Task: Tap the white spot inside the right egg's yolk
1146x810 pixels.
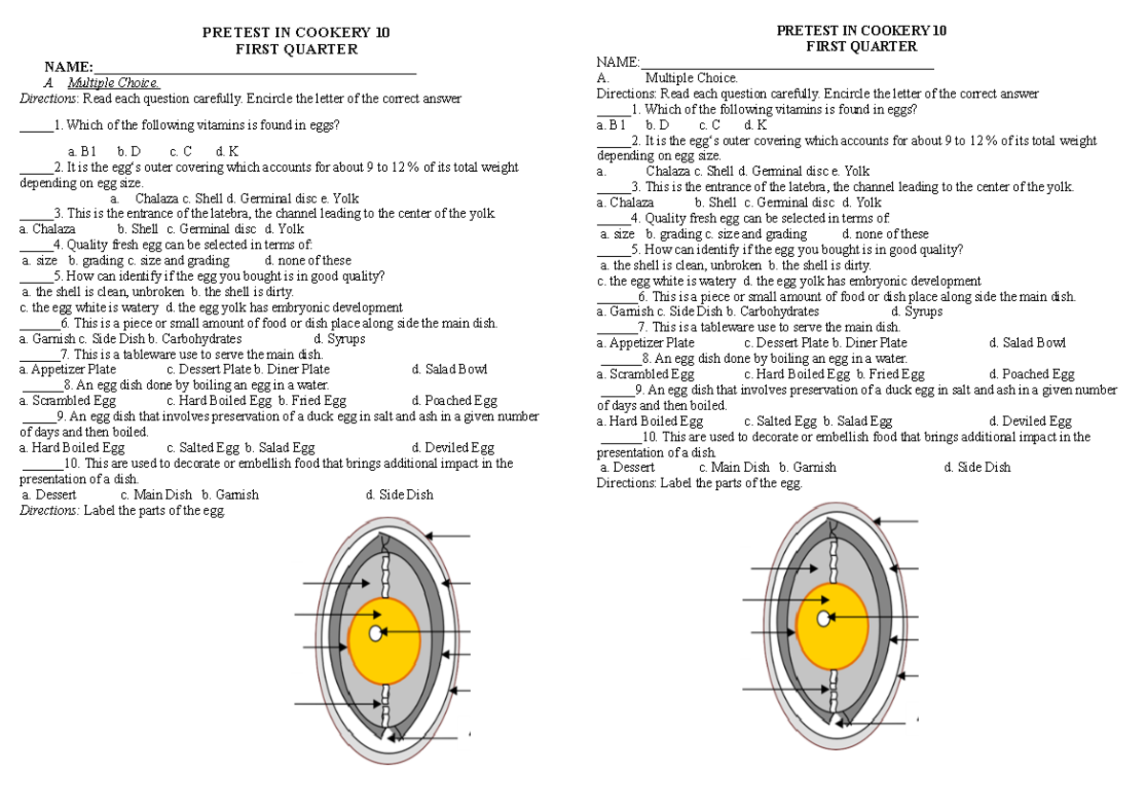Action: [823, 618]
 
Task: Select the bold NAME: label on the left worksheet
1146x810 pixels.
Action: [69, 67]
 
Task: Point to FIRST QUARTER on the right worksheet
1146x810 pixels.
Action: [861, 46]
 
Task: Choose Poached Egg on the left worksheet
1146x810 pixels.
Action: [455, 401]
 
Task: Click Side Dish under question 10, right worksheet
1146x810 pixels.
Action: [977, 467]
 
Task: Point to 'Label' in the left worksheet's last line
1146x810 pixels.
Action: [101, 511]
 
